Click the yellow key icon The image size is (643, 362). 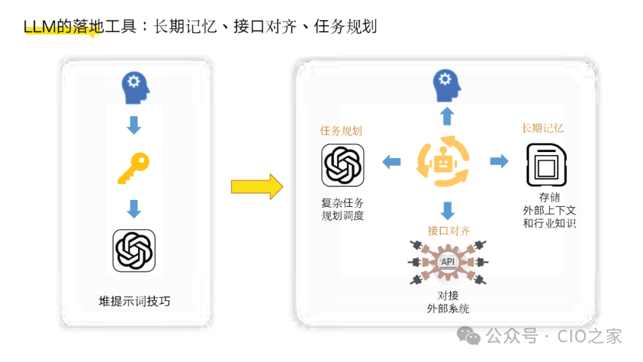[133, 168]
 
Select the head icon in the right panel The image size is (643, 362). [447, 85]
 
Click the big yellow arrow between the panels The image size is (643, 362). [257, 187]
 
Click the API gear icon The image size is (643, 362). [447, 262]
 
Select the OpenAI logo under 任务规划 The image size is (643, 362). [342, 165]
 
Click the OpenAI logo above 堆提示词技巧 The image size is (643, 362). [134, 250]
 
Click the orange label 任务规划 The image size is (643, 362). [341, 131]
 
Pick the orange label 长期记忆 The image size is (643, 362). [543, 128]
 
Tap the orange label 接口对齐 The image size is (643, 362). [448, 231]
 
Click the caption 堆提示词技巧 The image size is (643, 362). [135, 301]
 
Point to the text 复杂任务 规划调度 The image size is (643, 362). [342, 209]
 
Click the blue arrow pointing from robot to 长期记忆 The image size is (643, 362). [499, 161]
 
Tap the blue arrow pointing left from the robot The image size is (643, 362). [391, 161]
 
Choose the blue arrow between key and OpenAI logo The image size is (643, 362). [135, 209]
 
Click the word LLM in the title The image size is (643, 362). [39, 27]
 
